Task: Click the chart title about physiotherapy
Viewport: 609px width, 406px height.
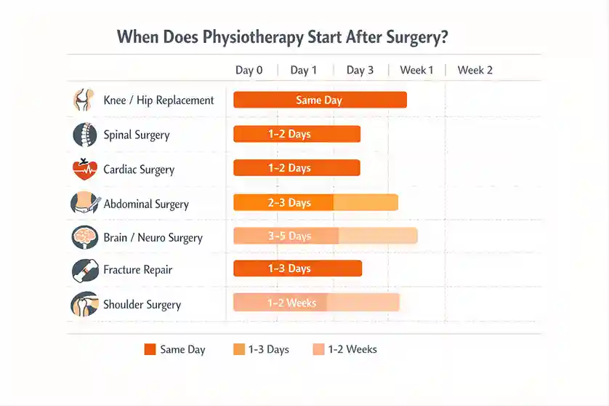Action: point(282,37)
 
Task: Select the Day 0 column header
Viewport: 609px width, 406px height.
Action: point(249,70)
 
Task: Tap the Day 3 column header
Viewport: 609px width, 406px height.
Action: point(360,70)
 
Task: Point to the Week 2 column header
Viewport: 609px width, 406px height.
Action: point(475,70)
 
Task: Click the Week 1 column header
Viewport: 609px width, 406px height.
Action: point(416,70)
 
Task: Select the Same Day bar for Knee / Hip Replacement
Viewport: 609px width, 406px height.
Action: point(320,100)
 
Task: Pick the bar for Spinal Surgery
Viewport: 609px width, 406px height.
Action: point(297,134)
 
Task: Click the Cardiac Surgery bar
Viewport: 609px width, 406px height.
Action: point(297,168)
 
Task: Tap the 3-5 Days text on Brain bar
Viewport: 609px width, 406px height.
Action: point(289,236)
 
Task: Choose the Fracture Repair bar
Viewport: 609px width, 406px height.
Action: point(297,268)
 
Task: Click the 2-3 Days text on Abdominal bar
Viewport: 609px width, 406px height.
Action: point(289,202)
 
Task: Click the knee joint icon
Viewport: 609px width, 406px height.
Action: point(84,100)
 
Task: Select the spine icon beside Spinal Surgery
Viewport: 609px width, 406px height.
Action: point(84,135)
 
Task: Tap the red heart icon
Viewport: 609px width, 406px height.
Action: point(84,170)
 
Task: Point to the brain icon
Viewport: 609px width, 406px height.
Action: point(84,237)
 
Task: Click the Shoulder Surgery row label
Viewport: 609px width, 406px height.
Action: point(142,304)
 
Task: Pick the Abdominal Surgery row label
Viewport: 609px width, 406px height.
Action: point(146,204)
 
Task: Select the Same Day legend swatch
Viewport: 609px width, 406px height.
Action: point(150,349)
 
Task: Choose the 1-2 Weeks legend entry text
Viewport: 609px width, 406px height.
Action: point(352,349)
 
